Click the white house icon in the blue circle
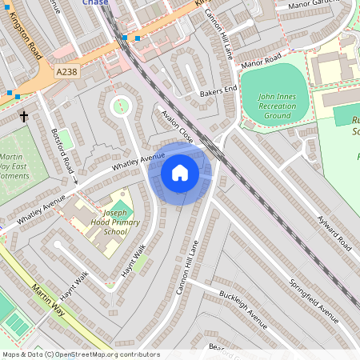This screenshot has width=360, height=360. pos(180,172)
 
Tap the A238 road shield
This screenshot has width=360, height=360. pos(67,72)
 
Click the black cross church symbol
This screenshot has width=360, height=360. pos(24,117)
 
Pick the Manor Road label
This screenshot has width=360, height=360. pos(262,62)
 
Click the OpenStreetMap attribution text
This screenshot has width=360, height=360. pos(80,354)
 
